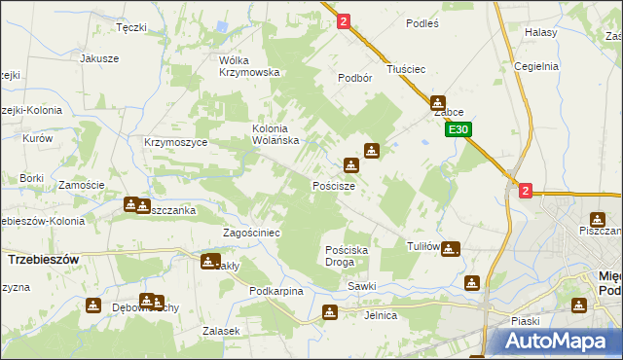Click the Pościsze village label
(x=340, y=185)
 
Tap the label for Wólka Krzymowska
(x=249, y=65)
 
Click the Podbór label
(x=355, y=78)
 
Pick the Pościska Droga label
(x=347, y=256)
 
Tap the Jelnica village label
(x=381, y=315)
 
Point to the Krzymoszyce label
(x=171, y=142)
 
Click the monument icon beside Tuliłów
(x=449, y=249)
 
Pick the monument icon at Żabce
(x=438, y=102)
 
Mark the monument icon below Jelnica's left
(x=330, y=312)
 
